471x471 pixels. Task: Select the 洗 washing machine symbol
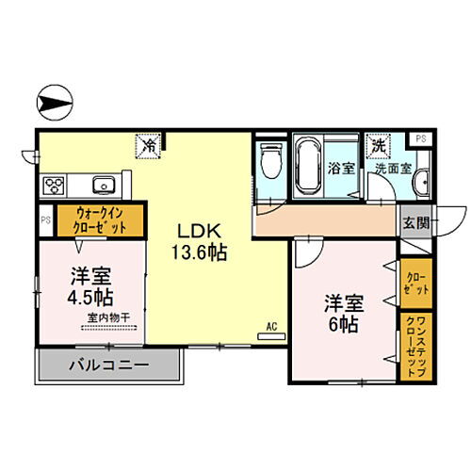tap(378, 146)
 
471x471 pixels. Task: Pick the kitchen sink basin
tap(101, 183)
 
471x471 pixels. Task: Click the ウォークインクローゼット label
tap(98, 222)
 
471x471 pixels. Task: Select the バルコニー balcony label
tap(109, 364)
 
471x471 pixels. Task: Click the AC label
tap(270, 327)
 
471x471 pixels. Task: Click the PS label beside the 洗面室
tap(420, 139)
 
